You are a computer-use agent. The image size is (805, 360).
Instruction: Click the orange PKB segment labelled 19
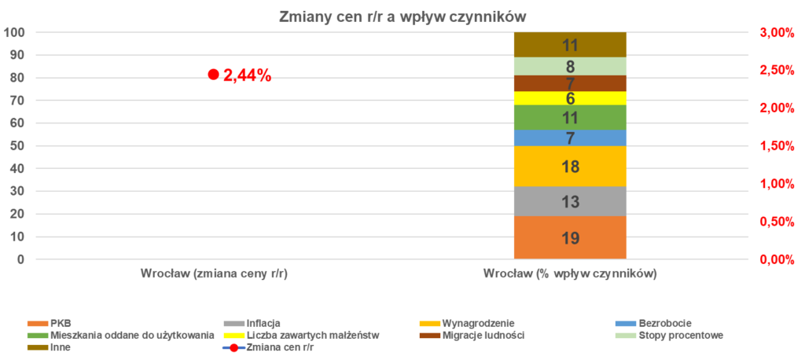tap(570, 237)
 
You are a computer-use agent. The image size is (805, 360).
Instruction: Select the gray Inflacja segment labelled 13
tap(570, 201)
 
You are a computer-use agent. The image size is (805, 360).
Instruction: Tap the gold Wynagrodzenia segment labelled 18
tap(570, 167)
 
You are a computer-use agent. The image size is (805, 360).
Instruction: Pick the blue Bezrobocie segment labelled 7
tap(570, 138)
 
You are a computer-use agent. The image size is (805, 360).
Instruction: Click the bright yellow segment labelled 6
tap(570, 98)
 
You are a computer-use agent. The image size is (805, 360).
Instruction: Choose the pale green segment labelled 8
tap(570, 67)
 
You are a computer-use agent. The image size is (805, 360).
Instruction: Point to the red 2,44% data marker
tap(212, 75)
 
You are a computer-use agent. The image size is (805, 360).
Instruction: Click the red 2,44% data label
tap(247, 75)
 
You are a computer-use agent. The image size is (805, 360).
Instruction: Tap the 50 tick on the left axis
tap(17, 146)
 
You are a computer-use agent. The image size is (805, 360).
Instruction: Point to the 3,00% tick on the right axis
tap(777, 32)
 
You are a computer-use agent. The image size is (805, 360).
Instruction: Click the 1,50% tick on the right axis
tap(777, 146)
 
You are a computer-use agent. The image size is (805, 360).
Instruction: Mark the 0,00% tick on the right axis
tap(777, 259)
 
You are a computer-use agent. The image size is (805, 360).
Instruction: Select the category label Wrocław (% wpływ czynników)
tap(570, 275)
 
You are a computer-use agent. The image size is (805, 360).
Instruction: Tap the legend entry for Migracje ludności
tap(483, 335)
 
